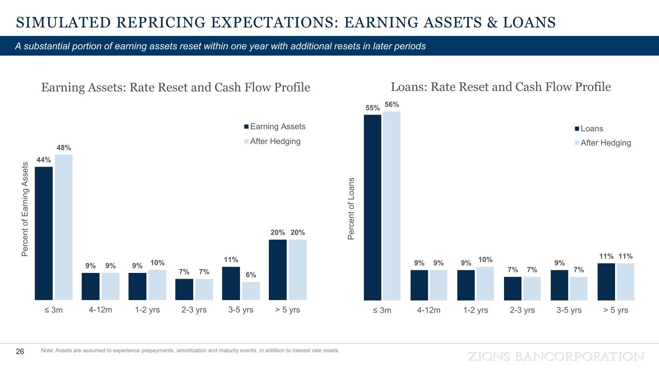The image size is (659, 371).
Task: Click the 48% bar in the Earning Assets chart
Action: (64, 227)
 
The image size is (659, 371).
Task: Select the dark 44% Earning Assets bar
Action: (44, 233)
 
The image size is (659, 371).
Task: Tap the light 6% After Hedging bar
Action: (251, 291)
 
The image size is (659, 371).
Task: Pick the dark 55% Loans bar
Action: (373, 207)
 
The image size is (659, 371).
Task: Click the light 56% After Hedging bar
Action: (392, 206)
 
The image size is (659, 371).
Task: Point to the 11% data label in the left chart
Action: (231, 259)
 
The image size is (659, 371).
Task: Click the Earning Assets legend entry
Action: (278, 127)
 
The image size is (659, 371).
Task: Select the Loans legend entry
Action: (591, 129)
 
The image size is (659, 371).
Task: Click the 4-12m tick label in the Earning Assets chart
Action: (100, 310)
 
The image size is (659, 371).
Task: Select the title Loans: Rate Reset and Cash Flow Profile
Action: (501, 87)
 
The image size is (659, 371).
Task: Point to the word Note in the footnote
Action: (48, 351)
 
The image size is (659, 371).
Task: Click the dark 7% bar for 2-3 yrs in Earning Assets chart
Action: (184, 289)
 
